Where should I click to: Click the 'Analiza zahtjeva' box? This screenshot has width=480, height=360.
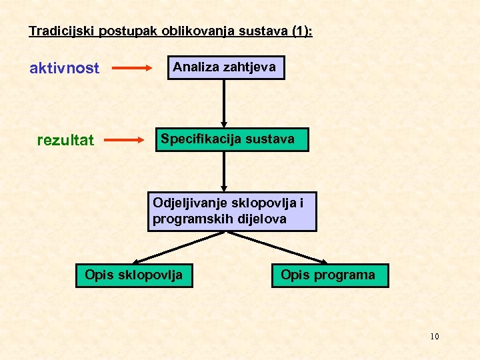click(226, 67)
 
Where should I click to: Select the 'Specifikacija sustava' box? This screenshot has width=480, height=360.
click(232, 140)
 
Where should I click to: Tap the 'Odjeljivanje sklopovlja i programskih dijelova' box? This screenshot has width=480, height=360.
click(232, 211)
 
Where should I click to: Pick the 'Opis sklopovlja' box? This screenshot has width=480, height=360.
click(133, 275)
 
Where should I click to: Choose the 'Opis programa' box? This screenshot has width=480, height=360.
click(329, 275)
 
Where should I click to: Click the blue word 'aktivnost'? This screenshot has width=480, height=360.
click(65, 68)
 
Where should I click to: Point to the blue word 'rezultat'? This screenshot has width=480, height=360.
click(65, 140)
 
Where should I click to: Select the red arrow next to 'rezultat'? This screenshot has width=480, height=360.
click(125, 140)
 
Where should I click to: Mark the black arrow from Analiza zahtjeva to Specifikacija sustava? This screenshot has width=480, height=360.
click(224, 103)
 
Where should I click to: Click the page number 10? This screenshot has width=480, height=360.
click(434, 336)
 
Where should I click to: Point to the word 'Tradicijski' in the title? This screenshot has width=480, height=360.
click(55, 31)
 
